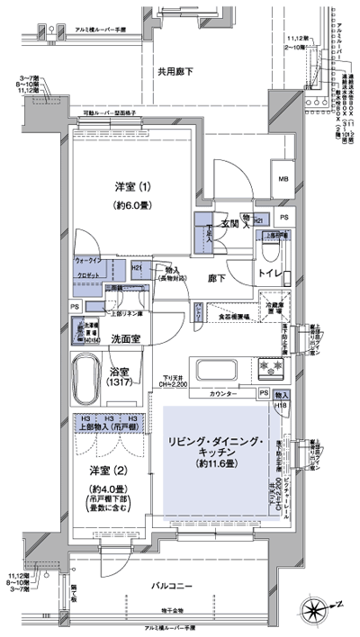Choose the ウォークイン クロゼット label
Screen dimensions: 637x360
(x=87, y=268)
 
